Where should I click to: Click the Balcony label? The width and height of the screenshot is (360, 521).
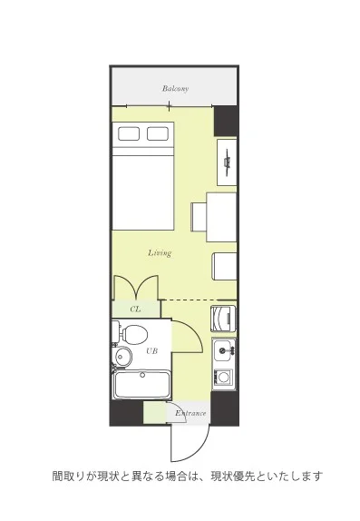(175, 88)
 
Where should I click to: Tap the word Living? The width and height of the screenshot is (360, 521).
(160, 253)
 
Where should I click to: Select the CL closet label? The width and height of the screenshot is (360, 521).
(135, 310)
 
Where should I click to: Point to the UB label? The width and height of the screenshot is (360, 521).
(151, 350)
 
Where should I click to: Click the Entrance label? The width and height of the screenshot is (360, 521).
(190, 413)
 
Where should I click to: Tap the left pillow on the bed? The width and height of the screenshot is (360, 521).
(129, 133)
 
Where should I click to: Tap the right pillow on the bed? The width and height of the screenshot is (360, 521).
(158, 133)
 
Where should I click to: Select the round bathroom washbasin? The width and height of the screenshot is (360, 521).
(122, 357)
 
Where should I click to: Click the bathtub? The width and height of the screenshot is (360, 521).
(141, 385)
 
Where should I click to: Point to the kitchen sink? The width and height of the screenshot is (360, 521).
(225, 349)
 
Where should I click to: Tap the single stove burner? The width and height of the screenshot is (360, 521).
(223, 377)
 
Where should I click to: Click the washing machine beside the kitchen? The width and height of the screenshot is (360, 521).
(223, 319)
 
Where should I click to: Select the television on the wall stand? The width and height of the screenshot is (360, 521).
(228, 162)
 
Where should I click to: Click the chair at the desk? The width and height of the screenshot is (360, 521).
(199, 217)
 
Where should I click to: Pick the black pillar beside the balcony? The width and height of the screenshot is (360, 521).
(226, 121)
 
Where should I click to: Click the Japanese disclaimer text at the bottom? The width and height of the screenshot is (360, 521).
(188, 477)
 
